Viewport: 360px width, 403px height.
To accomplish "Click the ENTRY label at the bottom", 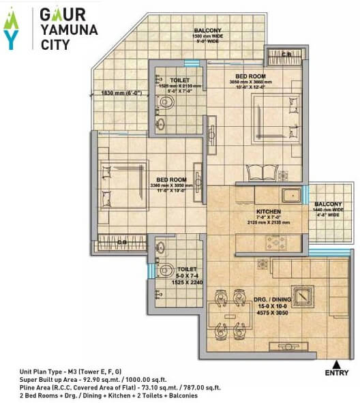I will [x=336, y=373].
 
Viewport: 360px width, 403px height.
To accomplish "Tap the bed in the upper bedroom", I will [x=272, y=117].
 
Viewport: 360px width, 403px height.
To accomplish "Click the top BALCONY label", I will [x=208, y=31].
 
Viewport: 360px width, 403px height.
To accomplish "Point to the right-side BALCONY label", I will [x=328, y=205].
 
